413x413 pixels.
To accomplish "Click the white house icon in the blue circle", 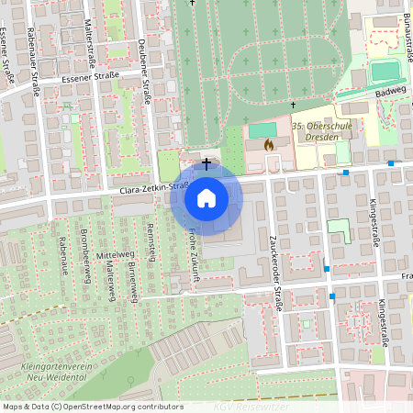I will (206, 197).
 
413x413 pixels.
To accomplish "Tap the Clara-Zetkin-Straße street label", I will (154, 189).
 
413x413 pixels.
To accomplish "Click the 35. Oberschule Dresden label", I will (321, 130).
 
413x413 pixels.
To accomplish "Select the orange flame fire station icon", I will (268, 144).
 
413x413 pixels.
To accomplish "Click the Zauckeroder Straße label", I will (273, 247).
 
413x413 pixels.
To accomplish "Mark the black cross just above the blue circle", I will (206, 163).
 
